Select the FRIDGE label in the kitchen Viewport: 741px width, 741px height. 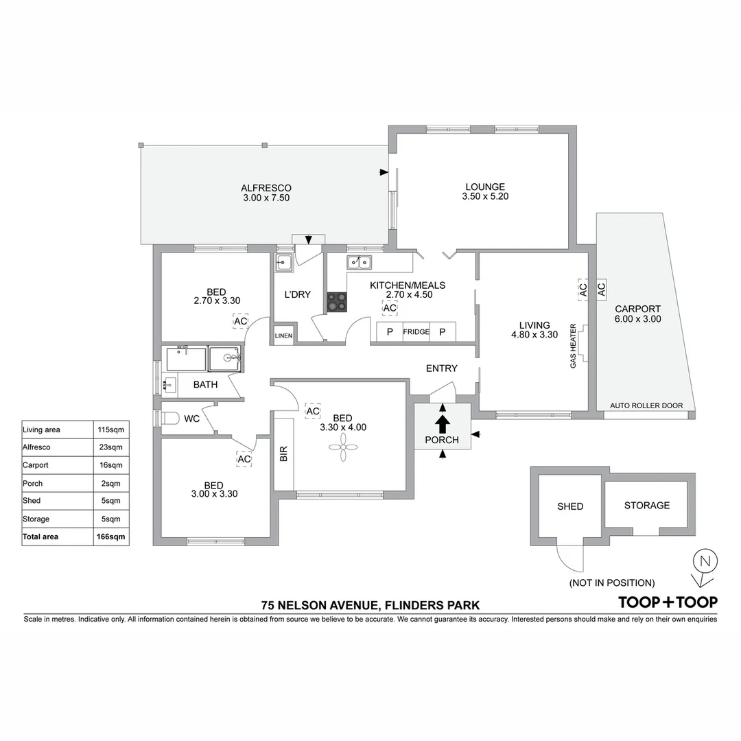tap(416, 332)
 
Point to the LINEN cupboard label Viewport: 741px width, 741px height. tap(283, 336)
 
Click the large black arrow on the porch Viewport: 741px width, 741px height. tap(443, 423)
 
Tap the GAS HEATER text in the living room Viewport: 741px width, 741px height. tap(574, 346)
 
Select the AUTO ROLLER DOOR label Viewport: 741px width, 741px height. tap(646, 405)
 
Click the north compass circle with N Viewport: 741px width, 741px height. tap(704, 561)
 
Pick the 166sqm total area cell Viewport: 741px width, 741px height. tap(111, 537)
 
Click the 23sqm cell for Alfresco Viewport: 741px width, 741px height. tap(111, 447)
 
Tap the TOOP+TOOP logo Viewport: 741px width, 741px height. tap(668, 602)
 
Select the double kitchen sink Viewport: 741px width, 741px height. tap(359, 261)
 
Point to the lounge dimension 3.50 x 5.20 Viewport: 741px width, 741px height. tap(484, 196)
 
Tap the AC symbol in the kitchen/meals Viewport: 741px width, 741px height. tap(390, 309)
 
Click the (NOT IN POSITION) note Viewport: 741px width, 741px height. tap(611, 583)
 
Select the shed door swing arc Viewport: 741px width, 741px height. tap(569, 558)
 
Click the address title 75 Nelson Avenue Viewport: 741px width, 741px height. tap(370, 605)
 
